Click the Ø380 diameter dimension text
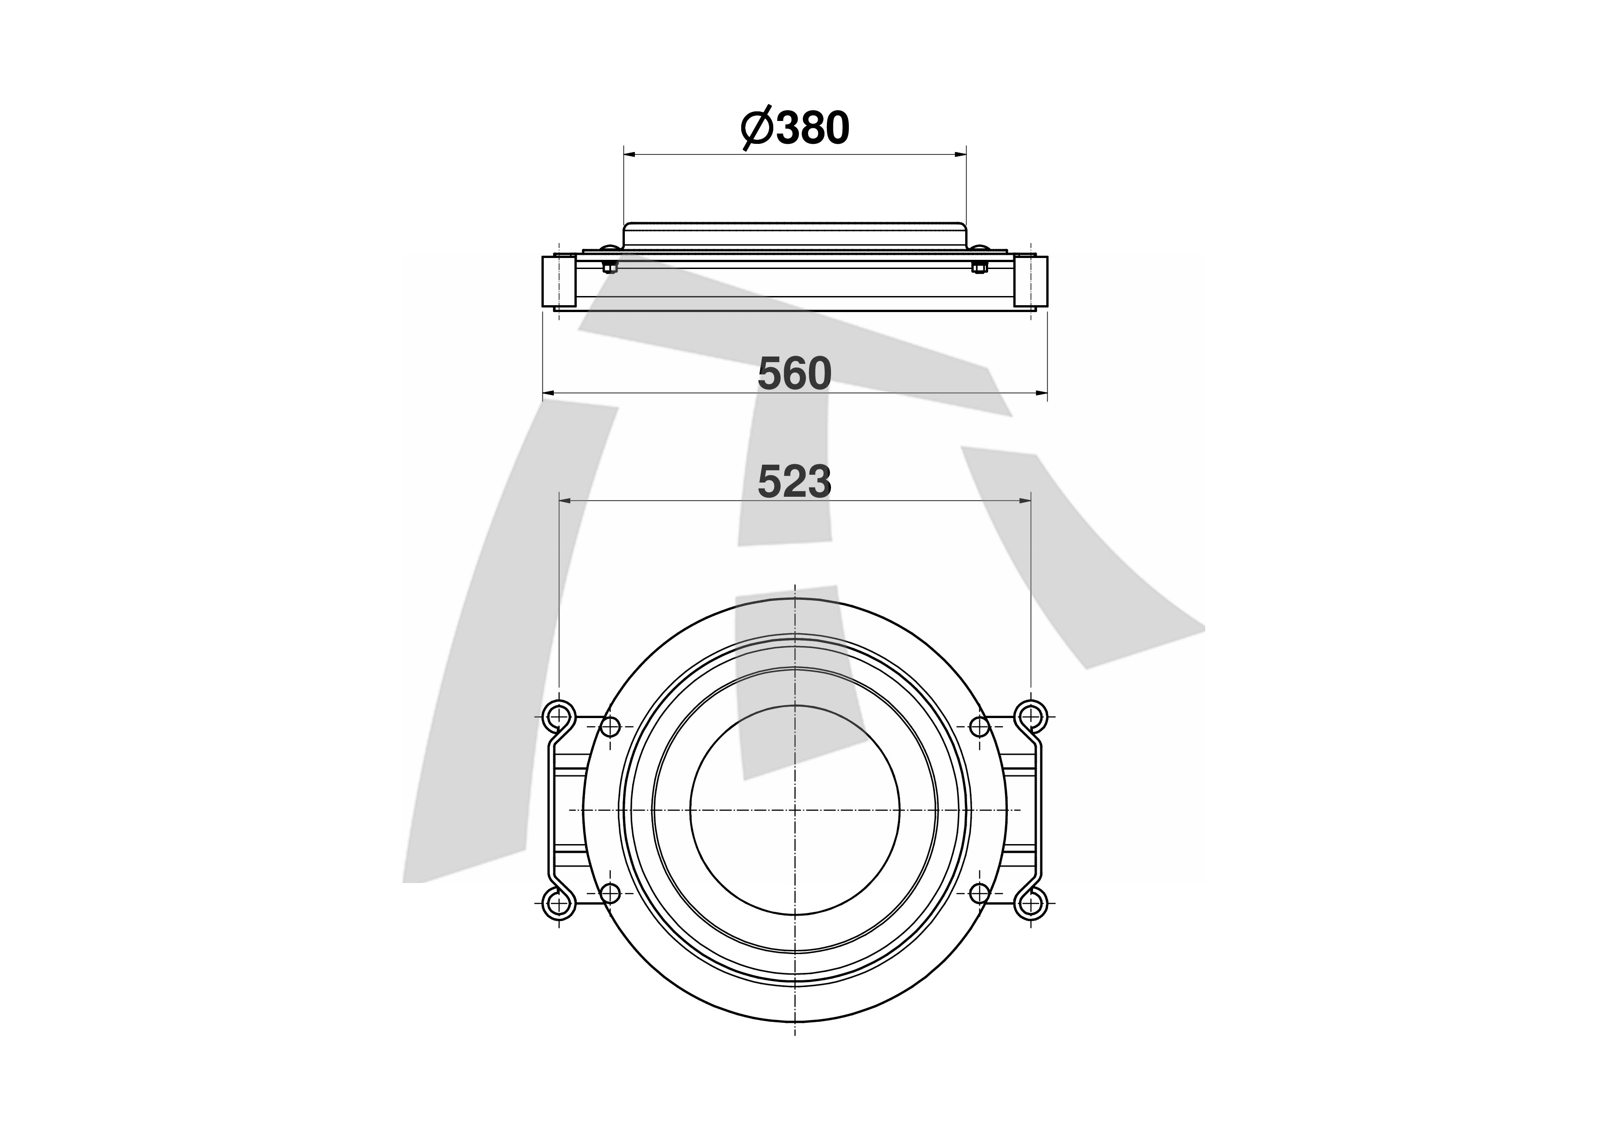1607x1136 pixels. [795, 128]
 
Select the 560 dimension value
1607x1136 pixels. [795, 374]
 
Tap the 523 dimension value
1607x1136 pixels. [795, 482]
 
